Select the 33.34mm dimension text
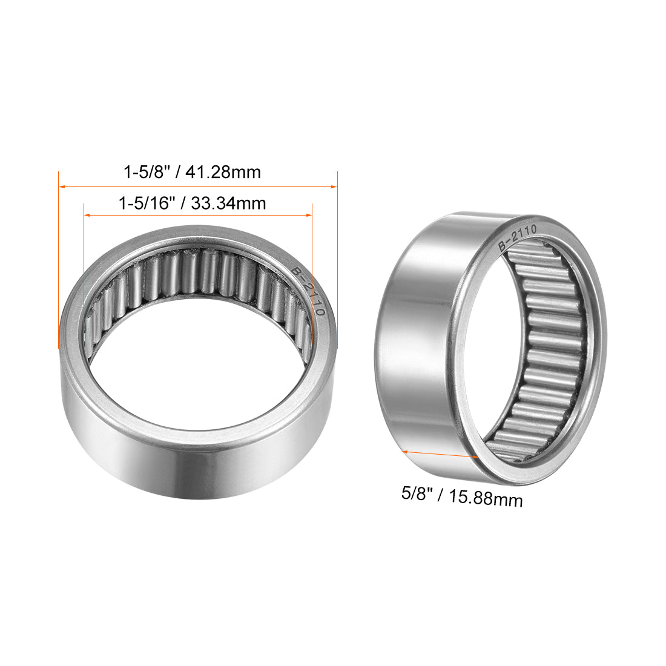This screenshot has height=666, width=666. point(228,203)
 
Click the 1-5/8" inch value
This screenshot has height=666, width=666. point(144,173)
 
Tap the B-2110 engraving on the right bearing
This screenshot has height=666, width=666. point(516,237)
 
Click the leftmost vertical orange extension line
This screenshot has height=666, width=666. point(59,260)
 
